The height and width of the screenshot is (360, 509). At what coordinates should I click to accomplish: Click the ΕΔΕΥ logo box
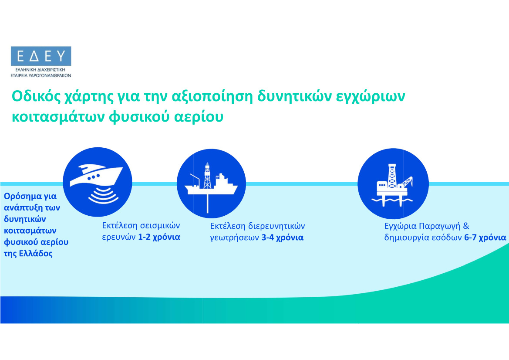(x=41, y=56)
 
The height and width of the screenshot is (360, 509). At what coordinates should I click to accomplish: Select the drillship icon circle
(x=211, y=183)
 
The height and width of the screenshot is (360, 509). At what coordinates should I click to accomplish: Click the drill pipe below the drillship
(x=208, y=204)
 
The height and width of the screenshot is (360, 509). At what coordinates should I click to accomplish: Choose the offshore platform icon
(x=393, y=183)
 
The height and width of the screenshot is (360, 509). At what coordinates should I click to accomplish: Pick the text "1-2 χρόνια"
(x=159, y=237)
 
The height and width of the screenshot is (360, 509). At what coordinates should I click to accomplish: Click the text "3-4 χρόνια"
(x=283, y=238)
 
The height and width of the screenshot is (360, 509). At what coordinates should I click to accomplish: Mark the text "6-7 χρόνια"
(x=485, y=238)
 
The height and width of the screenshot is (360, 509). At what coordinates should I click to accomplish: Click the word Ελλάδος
(x=36, y=253)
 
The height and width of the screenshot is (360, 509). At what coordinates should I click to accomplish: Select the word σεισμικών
(x=160, y=225)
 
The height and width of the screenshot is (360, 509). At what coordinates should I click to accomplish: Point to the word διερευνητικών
(x=276, y=226)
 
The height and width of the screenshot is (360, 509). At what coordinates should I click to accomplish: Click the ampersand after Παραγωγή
(x=466, y=225)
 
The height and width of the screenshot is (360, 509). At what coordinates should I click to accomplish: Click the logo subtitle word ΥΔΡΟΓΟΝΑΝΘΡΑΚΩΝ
(x=50, y=75)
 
